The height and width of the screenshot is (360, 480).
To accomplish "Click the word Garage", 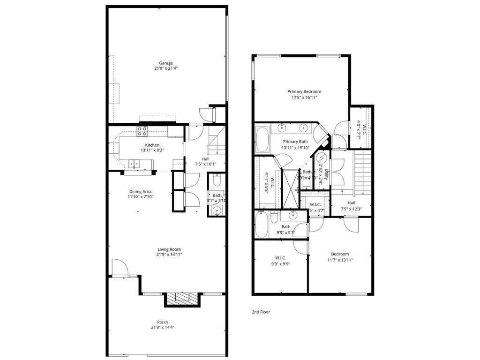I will [165, 63].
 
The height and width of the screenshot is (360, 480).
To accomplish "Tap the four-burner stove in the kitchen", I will [142, 131].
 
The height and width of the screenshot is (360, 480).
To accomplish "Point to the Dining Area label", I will [140, 191].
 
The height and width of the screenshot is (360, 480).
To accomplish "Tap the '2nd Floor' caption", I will [261, 312].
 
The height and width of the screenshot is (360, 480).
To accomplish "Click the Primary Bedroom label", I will [304, 91].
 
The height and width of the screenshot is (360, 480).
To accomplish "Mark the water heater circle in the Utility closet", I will [322, 157].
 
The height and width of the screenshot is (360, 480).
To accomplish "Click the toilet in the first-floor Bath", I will [217, 180].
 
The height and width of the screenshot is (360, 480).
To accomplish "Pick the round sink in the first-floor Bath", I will [217, 210].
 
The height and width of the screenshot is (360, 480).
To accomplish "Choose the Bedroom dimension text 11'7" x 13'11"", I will [340, 260].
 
